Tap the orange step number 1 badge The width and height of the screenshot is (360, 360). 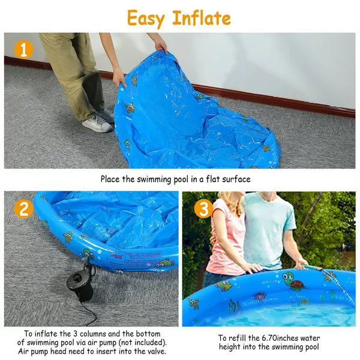(23, 49)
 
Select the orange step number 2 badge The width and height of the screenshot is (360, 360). (23, 209)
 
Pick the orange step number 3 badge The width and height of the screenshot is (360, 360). (203, 209)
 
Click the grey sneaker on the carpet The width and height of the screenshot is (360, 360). (97, 123)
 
